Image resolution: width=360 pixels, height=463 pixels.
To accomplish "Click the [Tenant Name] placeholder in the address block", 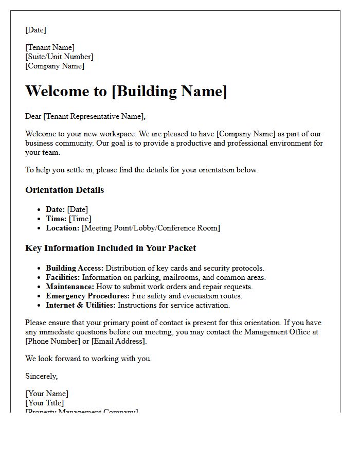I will [x=50, y=48].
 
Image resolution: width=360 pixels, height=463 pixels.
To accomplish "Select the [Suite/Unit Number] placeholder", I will [x=59, y=57].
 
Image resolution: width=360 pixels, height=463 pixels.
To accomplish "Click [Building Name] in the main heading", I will [x=169, y=91].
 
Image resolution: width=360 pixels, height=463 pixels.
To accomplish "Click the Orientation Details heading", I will [x=64, y=190].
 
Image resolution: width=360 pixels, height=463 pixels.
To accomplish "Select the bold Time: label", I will [x=56, y=219].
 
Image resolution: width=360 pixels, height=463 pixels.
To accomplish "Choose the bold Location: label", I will [x=63, y=228].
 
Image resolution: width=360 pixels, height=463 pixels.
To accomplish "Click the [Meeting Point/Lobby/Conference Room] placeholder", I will [x=151, y=228].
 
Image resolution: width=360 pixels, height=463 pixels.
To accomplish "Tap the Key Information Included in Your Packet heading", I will [x=111, y=248].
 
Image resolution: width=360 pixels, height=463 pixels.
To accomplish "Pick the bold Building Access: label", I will [x=75, y=268].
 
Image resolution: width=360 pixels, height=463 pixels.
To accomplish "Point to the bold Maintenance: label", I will [x=70, y=287].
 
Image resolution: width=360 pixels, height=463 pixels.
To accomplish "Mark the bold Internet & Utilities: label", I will [x=81, y=305].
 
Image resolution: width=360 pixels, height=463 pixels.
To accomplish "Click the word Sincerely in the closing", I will [x=41, y=376].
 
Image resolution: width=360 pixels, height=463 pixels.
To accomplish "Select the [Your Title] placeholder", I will [x=45, y=403].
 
